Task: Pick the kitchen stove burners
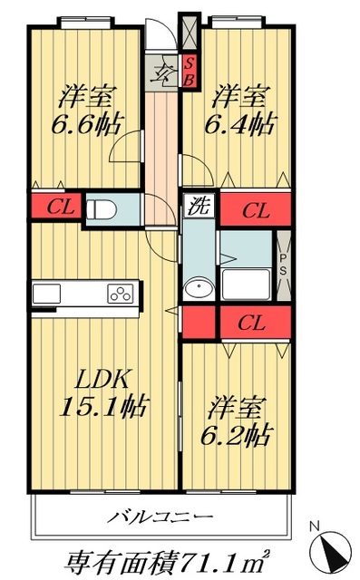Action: click(121, 293)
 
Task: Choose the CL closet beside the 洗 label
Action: click(256, 211)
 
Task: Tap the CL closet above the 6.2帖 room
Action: click(255, 321)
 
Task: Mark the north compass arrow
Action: click(329, 552)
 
